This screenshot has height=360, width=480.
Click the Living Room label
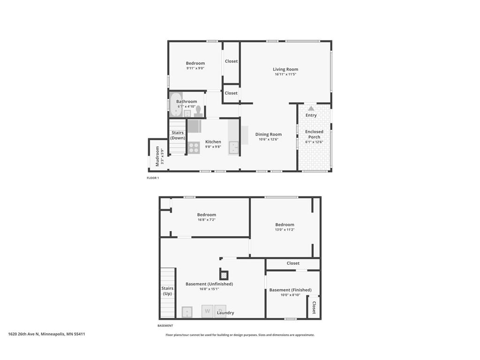pos(285,69)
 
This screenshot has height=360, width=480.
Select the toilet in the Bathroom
pos(198,111)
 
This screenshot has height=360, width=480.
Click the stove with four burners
pos(194,148)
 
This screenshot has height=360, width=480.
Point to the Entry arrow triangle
pos(311,108)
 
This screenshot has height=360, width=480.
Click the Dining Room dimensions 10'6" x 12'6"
pos(269,139)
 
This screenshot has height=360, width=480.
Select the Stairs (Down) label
pos(178,135)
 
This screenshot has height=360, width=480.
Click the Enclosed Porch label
pos(314,135)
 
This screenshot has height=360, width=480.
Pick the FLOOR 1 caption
pos(153,178)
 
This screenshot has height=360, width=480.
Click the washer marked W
pos(207,312)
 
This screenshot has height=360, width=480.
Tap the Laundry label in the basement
pos(225,313)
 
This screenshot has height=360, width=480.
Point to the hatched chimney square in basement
pos(225,275)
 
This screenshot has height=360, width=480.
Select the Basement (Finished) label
pos(290,290)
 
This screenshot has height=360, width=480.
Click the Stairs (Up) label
pos(167,291)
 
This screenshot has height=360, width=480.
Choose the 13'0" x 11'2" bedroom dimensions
pos(285,230)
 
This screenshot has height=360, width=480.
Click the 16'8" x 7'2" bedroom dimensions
pos(206,220)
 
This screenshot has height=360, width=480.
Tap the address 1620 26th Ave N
pos(46,334)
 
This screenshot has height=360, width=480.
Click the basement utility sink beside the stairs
pos(187,312)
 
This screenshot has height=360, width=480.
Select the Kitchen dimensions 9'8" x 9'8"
pos(213,147)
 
